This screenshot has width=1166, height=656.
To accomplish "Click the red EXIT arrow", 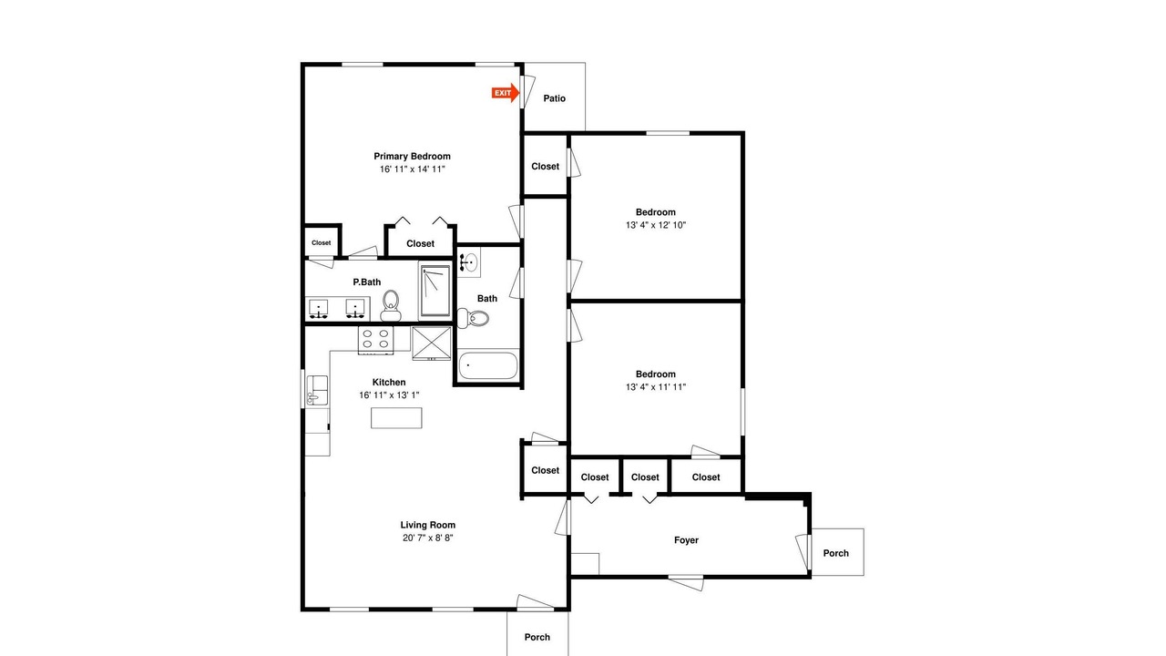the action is click(x=506, y=93).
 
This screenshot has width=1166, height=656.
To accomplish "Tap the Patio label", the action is click(x=555, y=98).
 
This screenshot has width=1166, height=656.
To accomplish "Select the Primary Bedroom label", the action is click(x=413, y=156).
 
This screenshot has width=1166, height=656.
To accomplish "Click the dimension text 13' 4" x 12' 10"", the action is click(x=656, y=225).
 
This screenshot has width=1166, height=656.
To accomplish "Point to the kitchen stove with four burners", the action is click(x=375, y=340).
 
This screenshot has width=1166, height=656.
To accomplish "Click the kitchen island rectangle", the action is click(x=396, y=418).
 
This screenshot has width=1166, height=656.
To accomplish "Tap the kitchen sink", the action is click(x=317, y=391).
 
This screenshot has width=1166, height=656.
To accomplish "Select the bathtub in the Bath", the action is click(x=488, y=365).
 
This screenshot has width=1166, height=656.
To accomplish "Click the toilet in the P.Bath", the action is click(x=391, y=305).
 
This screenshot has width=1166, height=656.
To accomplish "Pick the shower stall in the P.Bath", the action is click(x=435, y=291).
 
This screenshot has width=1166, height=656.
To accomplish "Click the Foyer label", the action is click(x=686, y=540).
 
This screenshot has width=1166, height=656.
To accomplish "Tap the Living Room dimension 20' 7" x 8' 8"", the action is click(x=428, y=538).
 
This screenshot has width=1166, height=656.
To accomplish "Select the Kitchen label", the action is click(x=389, y=382).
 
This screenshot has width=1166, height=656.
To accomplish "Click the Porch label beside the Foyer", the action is click(x=836, y=553).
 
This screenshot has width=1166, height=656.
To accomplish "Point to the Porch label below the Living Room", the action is click(x=537, y=637).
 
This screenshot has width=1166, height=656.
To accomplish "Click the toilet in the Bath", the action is click(x=473, y=318).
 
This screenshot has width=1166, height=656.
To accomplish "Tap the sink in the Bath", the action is click(x=469, y=261).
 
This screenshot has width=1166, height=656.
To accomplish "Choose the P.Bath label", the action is click(x=367, y=282).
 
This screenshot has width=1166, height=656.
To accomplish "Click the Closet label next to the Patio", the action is click(x=545, y=166).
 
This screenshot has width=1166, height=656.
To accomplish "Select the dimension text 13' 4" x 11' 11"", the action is click(x=656, y=387).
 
